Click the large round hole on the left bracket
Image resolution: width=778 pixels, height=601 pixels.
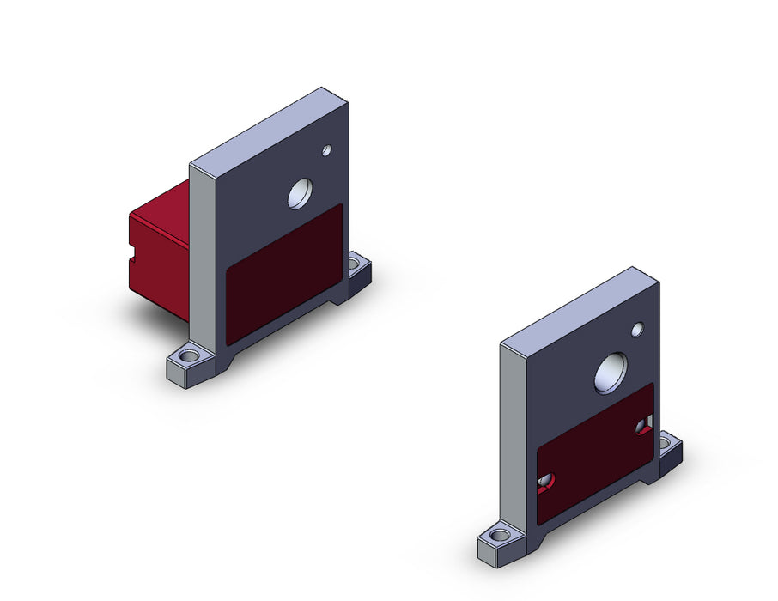301,195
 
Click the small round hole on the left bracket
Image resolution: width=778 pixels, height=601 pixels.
326,151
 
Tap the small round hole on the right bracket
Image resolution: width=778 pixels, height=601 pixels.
637,329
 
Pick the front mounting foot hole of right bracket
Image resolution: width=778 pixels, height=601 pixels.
499,536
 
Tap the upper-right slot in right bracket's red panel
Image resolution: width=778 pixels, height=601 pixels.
644,424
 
